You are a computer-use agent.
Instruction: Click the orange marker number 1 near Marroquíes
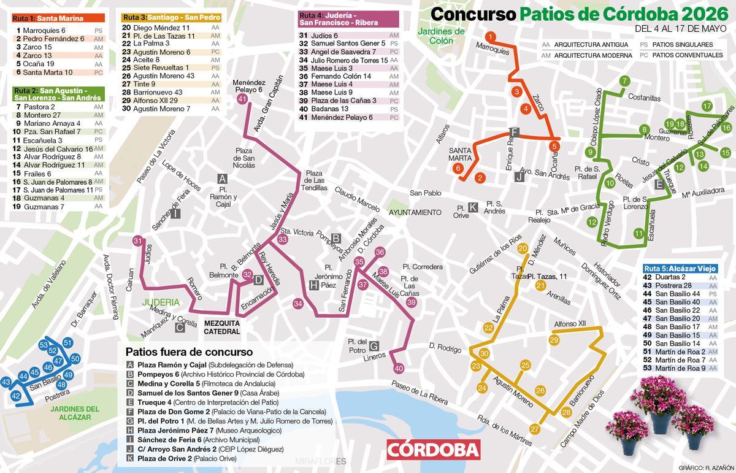(x=490, y=37)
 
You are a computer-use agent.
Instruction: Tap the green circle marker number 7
(x=624, y=81)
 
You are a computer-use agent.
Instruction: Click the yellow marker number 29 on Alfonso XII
(x=554, y=340)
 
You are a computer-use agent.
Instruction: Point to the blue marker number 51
(x=67, y=342)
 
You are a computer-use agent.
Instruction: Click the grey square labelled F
(x=515, y=133)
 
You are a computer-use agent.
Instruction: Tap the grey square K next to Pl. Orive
(x=473, y=207)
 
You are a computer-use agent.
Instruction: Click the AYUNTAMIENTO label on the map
(x=415, y=212)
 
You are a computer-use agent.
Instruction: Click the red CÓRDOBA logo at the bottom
(x=433, y=450)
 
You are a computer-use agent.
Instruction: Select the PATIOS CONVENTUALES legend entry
(x=682, y=55)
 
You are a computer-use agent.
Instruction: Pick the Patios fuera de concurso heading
(x=189, y=352)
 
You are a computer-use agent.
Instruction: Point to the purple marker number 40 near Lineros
(x=399, y=369)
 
